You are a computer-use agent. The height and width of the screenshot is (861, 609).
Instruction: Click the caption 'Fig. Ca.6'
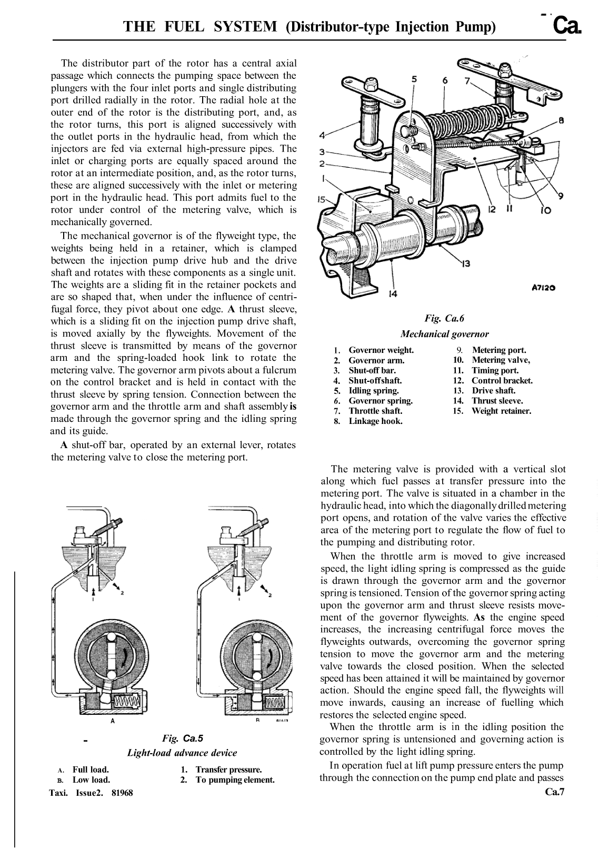pos(444,318)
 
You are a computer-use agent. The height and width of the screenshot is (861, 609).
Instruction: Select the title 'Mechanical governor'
pos(444,334)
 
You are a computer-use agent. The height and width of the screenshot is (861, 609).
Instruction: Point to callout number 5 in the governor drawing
pos(414,79)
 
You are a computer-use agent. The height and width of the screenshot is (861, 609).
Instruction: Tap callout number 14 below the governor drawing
pos(391,294)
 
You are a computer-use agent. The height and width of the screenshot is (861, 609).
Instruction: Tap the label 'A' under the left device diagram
pos(112,721)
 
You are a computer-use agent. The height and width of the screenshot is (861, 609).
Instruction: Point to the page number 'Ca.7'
pos(555,792)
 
